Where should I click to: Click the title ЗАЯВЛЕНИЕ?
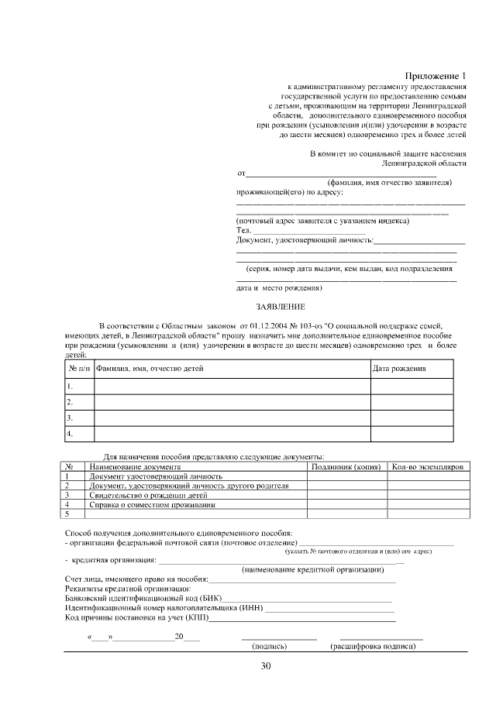(x=281, y=307)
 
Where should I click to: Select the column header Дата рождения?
(x=399, y=368)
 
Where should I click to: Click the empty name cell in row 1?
(x=232, y=386)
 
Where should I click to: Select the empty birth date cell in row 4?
(x=412, y=435)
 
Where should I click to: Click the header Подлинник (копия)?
(x=344, y=467)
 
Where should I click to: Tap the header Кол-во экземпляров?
(x=427, y=467)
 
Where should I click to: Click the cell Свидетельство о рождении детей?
(x=148, y=495)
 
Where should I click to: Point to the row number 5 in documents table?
(x=68, y=514)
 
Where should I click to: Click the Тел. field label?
(x=243, y=230)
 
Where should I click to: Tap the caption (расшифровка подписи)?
(x=373, y=645)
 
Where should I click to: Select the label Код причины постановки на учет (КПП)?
(x=136, y=617)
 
